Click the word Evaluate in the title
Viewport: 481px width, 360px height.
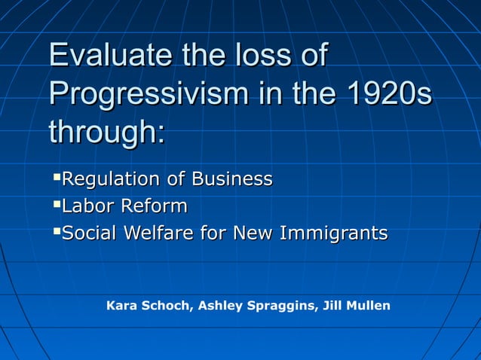(110, 56)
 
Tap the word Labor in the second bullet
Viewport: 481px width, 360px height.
(86, 206)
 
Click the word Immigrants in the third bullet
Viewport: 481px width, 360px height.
(333, 233)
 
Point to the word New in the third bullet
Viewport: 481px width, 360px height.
(253, 233)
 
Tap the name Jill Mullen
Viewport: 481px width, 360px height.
(356, 306)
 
